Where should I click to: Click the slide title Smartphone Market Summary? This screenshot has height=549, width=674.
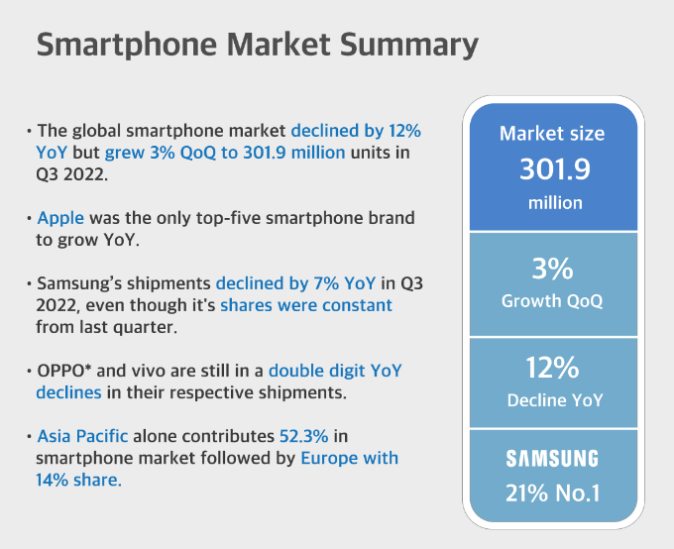click(257, 46)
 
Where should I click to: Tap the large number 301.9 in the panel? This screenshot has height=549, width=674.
click(555, 169)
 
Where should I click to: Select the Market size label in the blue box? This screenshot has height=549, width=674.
click(552, 134)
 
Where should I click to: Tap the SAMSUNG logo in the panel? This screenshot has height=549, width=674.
click(553, 459)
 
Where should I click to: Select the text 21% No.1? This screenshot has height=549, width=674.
click(553, 492)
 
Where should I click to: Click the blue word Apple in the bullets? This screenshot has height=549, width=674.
click(60, 217)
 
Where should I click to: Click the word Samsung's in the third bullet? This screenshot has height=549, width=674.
click(74, 283)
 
